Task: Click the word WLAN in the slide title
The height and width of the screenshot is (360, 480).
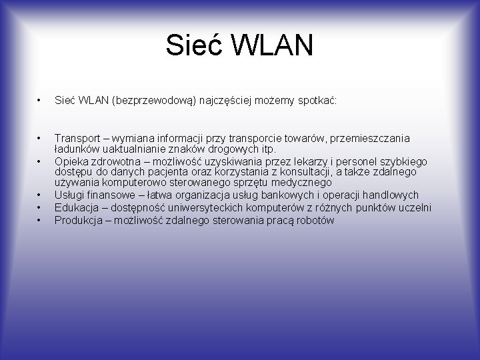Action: point(273,46)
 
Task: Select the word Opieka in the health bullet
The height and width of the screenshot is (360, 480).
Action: point(71,161)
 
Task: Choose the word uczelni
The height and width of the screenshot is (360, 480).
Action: point(414,207)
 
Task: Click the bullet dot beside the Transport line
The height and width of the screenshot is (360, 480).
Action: point(40,138)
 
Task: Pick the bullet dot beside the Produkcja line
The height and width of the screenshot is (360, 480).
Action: point(40,219)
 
